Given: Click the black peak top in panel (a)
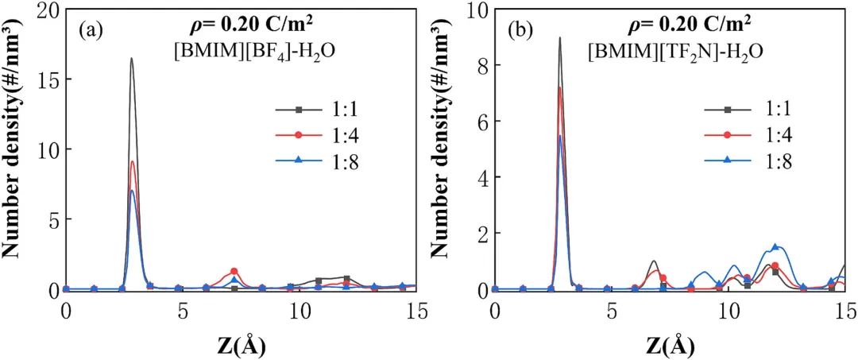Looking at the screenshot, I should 131,59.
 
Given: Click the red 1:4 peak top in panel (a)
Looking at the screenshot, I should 132,162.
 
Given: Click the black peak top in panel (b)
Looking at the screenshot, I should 560,38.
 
